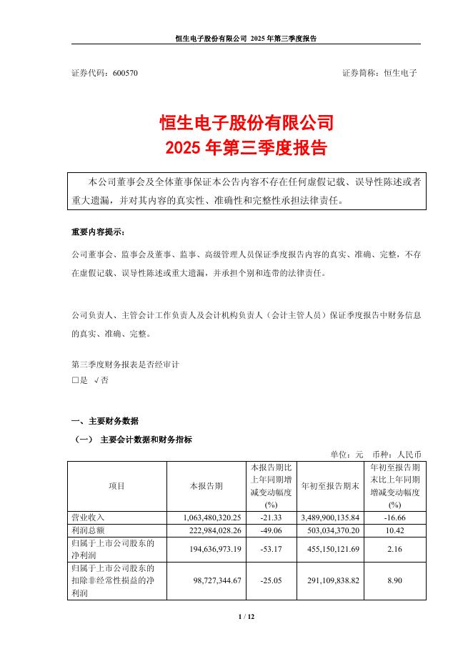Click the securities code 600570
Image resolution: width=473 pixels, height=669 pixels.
click(x=126, y=74)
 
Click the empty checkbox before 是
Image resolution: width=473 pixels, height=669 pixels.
click(x=75, y=381)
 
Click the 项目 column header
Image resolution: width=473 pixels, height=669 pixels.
click(x=116, y=486)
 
